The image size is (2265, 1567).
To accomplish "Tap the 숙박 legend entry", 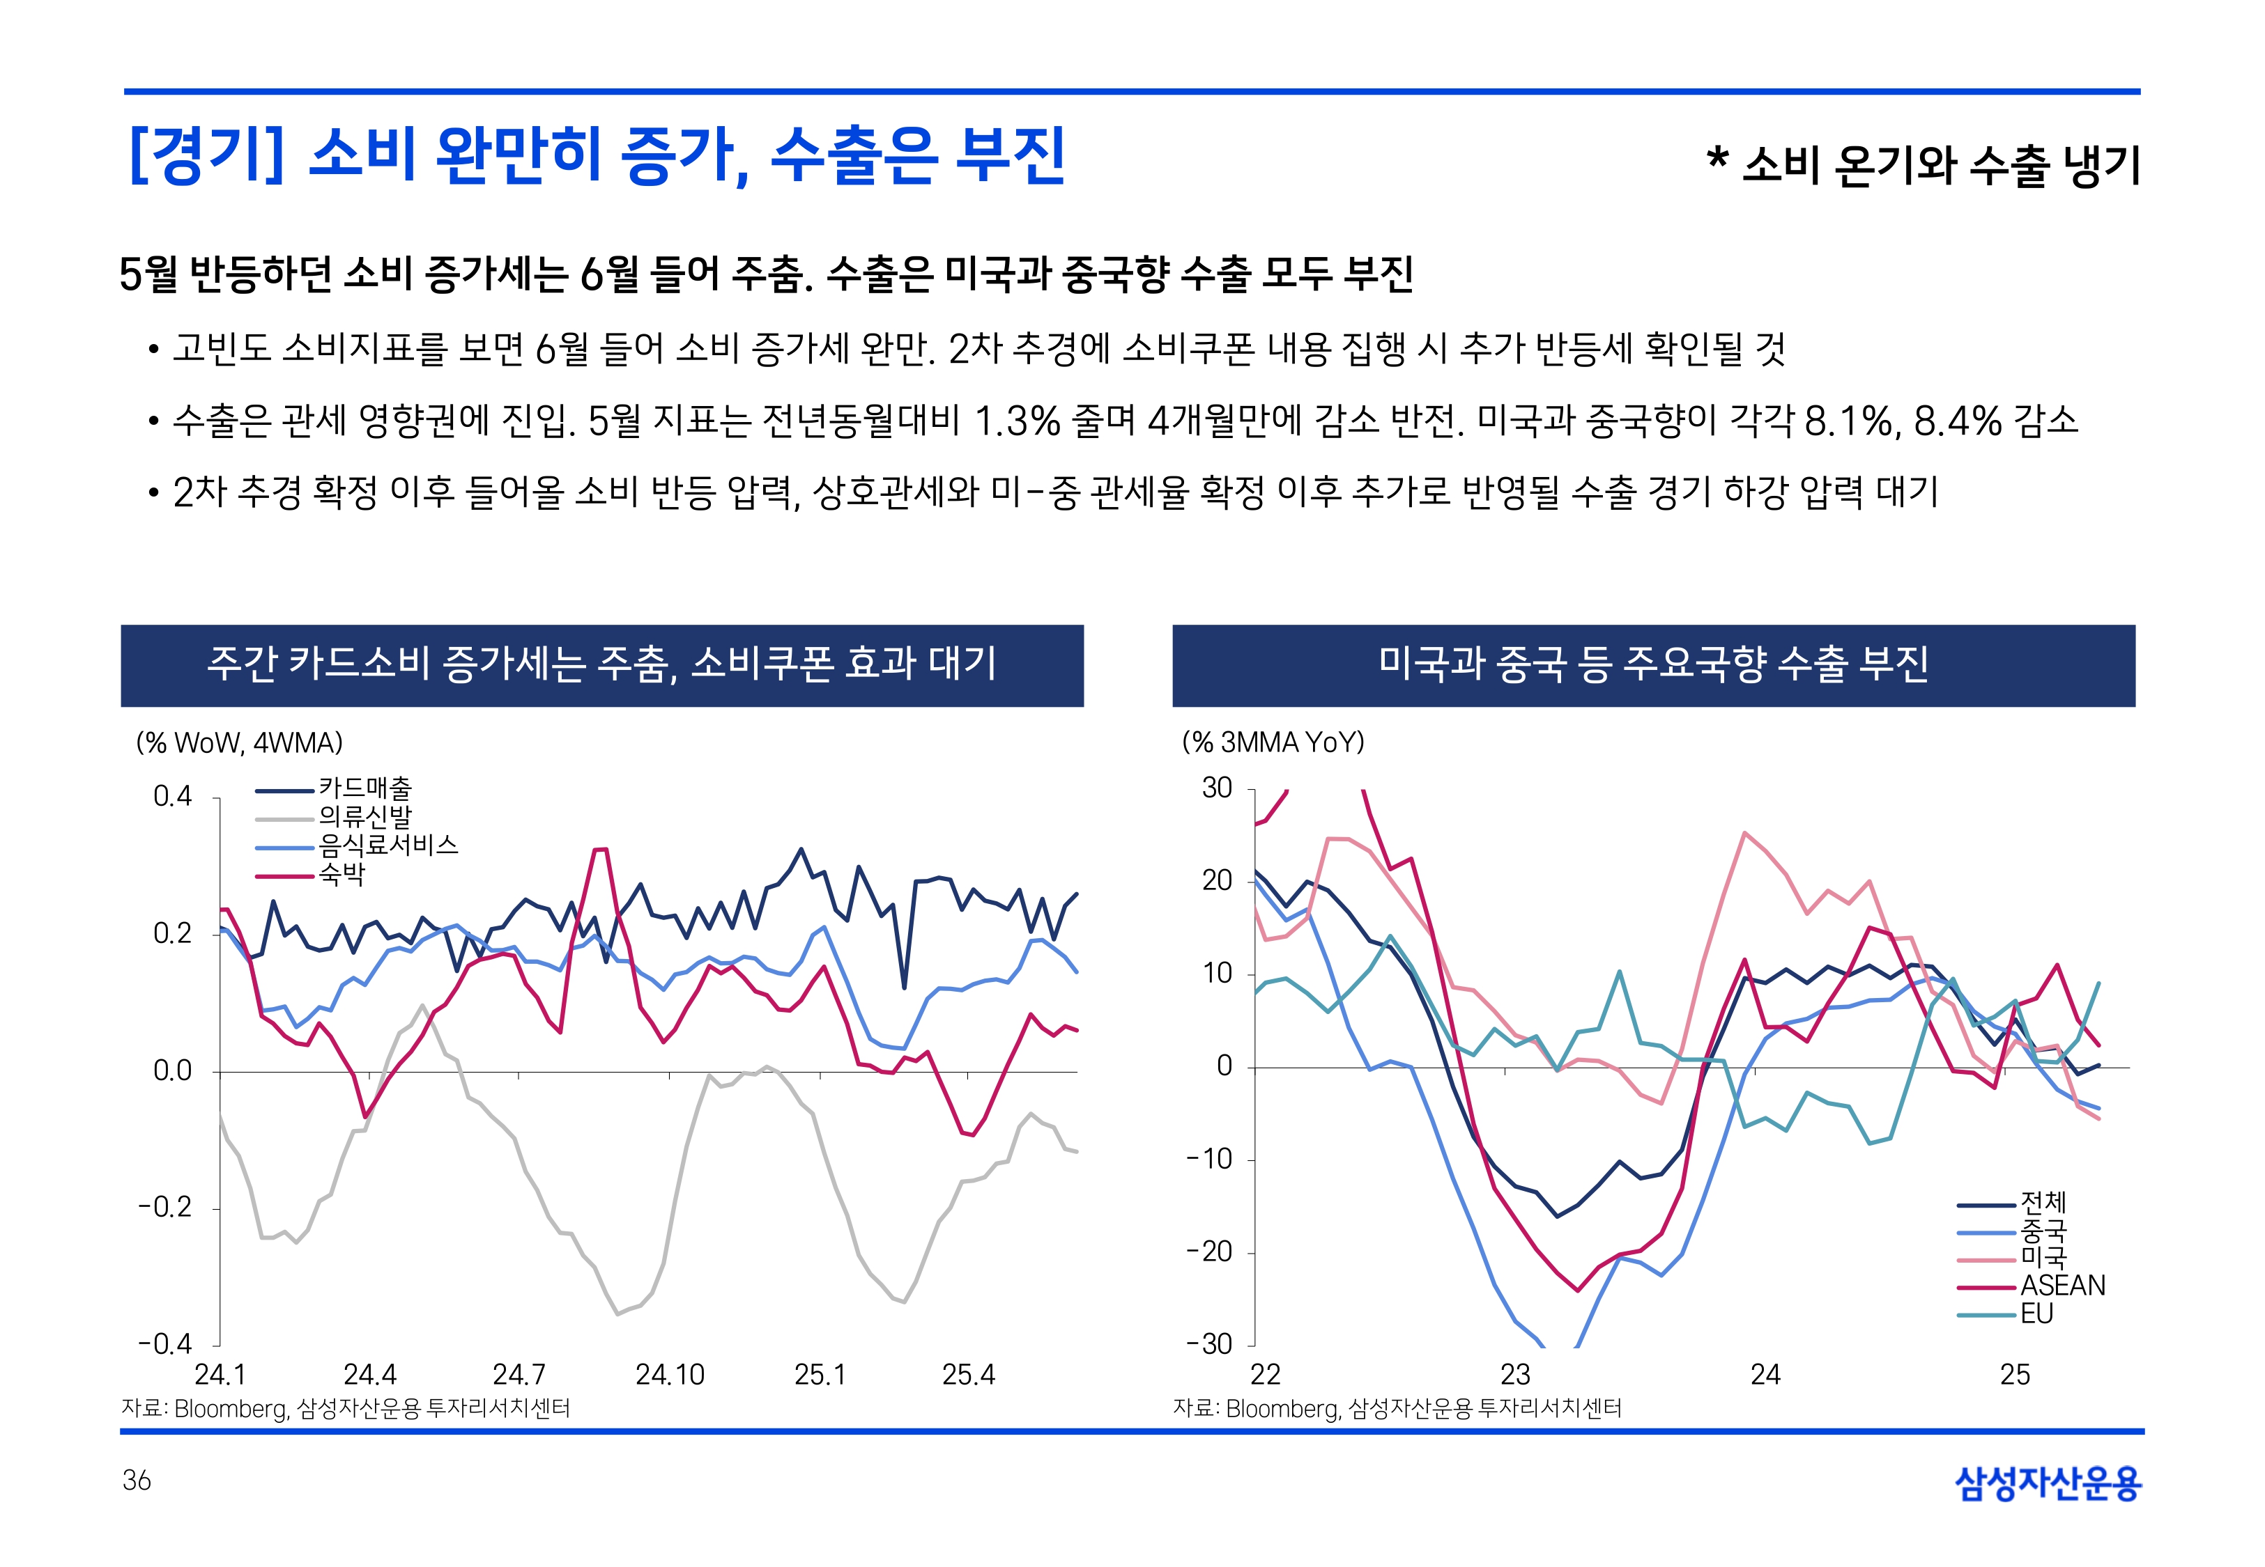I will point(341,874).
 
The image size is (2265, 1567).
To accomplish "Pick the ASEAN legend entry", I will point(2061,1285).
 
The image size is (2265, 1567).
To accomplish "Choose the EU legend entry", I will point(2036,1313).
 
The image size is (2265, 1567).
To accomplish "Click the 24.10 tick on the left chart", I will point(670,1375).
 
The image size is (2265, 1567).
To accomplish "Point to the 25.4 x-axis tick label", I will point(969,1375).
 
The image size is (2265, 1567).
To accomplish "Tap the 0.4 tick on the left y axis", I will point(173,796).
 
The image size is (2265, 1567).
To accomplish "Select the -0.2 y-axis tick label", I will point(165,1207).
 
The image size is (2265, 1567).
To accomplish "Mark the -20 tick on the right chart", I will point(1209,1252).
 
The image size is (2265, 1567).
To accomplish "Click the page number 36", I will point(137,1481).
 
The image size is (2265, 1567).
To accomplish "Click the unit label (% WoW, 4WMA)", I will point(240,743).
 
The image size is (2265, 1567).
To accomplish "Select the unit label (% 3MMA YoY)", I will point(1273,743).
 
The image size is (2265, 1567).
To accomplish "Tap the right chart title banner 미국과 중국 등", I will point(1653,664).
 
